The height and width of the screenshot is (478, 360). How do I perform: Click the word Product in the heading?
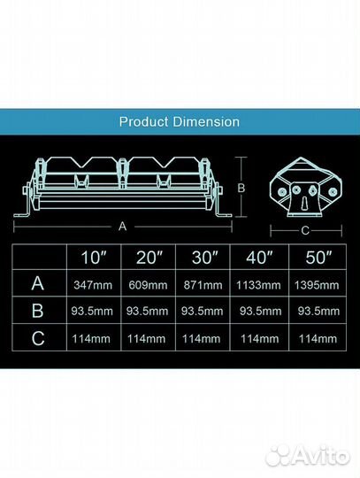coord(143,121)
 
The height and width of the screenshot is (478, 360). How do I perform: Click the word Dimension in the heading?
coord(206,121)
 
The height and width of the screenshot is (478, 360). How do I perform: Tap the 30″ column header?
coord(204,258)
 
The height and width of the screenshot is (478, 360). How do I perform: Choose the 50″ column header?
coord(318,258)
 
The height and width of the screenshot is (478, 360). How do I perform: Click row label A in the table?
coord(37,283)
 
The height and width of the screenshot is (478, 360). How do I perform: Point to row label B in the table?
coord(37,311)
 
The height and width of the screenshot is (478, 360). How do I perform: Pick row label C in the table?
coord(38,338)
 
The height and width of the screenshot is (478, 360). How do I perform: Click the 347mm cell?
coord(93,285)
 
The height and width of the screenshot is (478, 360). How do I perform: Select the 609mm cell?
coord(148,285)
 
